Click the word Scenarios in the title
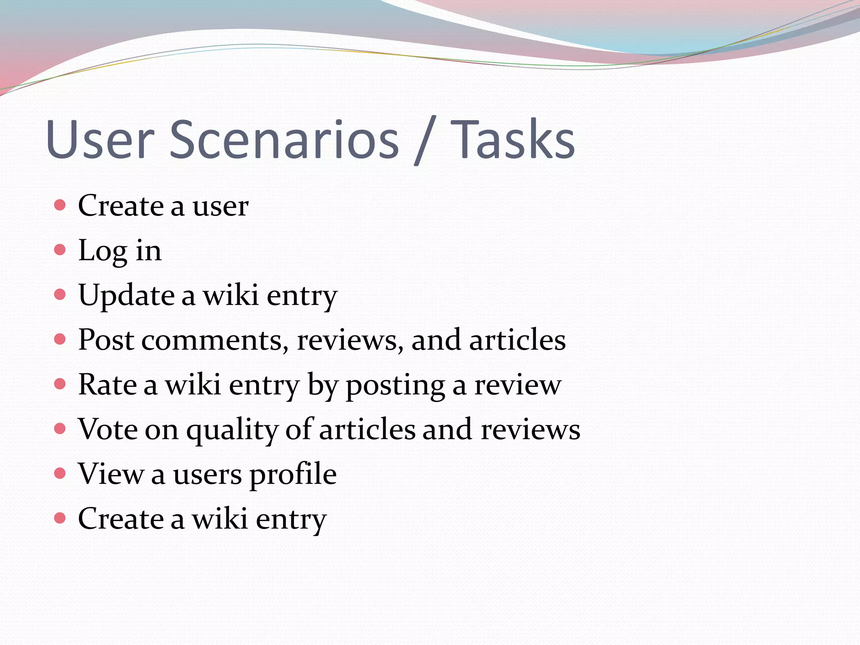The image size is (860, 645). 284,139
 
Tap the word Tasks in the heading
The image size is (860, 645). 515,139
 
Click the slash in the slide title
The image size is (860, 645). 425,141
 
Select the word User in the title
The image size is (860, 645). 100,139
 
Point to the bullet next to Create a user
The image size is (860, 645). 60,205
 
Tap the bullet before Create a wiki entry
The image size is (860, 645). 60,518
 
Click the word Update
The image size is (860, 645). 126,296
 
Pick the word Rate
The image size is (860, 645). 107,385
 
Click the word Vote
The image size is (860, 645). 107,429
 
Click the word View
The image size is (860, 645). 111,474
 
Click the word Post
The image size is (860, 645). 106,340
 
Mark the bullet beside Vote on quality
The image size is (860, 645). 60,429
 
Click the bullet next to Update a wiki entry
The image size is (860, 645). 60,295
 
